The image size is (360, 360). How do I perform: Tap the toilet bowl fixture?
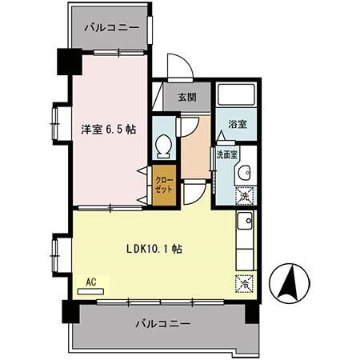(164, 146)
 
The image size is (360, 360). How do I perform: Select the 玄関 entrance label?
(186, 98)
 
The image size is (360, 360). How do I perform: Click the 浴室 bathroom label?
(237, 125)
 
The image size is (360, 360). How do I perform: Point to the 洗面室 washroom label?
(225, 155)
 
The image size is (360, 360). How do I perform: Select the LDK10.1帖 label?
(154, 249)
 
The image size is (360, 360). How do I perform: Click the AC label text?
(90, 282)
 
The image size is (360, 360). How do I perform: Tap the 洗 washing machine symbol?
(246, 194)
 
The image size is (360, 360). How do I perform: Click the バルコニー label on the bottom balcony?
(162, 324)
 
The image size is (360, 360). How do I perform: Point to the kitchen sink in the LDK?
(246, 221)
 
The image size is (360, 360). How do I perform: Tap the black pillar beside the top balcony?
(63, 61)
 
